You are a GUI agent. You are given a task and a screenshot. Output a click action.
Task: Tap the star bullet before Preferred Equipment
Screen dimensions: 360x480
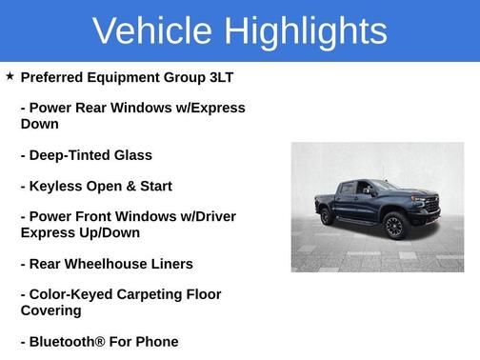(10, 76)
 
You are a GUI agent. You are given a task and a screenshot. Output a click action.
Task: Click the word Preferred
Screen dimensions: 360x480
(55, 77)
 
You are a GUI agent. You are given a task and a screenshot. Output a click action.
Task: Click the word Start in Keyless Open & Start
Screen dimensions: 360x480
(153, 186)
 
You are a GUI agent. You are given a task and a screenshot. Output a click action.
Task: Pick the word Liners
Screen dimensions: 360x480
(171, 264)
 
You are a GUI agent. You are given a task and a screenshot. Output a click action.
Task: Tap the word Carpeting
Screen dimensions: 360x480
(156, 294)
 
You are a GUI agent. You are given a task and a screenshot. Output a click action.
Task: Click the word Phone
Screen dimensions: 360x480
(156, 341)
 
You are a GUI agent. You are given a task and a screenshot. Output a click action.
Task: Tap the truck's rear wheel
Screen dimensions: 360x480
(328, 216)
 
